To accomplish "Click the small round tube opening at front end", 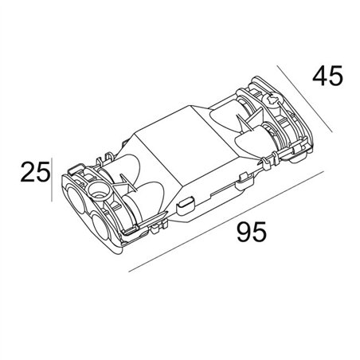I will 100,192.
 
